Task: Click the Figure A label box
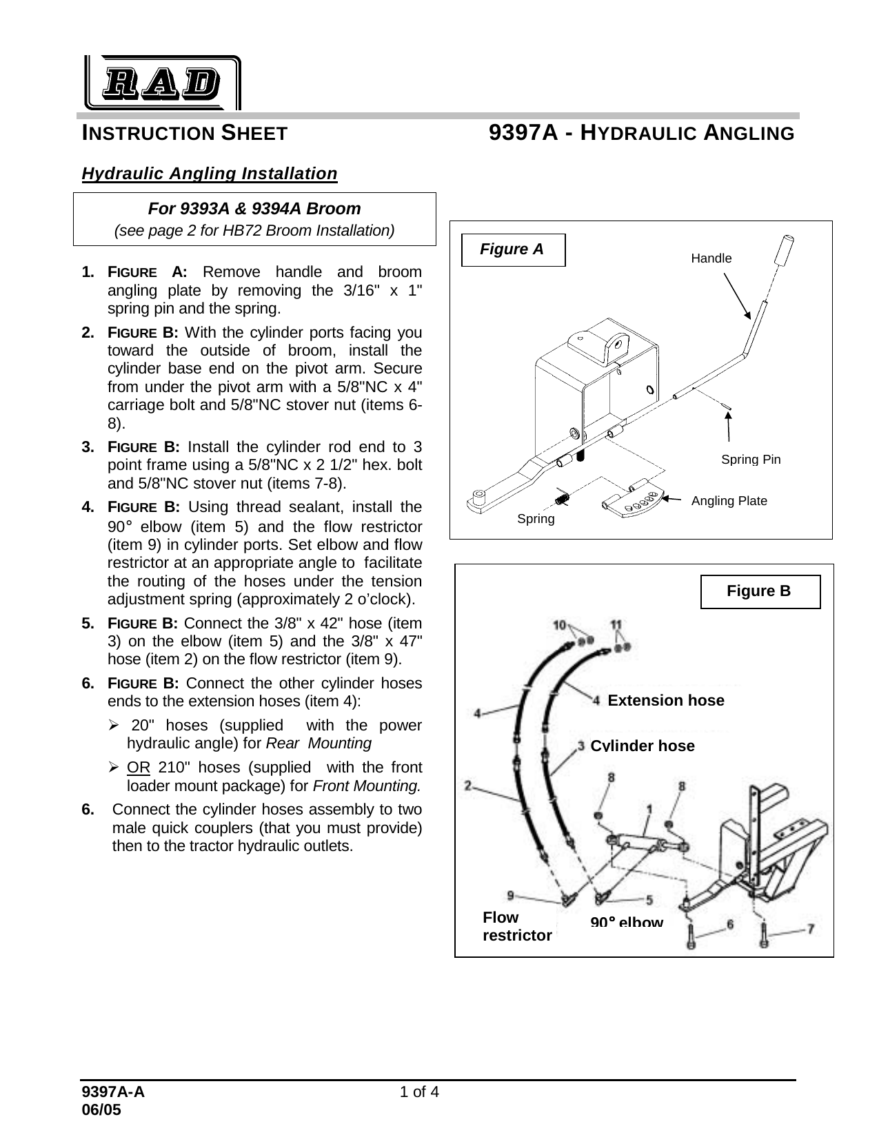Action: [512, 249]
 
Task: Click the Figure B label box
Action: [760, 592]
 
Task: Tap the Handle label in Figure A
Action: [711, 258]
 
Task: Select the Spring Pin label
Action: [751, 460]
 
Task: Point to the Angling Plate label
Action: [729, 501]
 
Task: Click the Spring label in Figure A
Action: [536, 519]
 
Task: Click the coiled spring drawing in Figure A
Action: [562, 495]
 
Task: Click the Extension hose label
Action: [665, 701]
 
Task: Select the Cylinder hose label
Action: [643, 746]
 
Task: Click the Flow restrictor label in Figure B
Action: [517, 927]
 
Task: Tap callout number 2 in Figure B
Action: [469, 785]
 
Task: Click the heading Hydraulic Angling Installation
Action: [210, 173]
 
